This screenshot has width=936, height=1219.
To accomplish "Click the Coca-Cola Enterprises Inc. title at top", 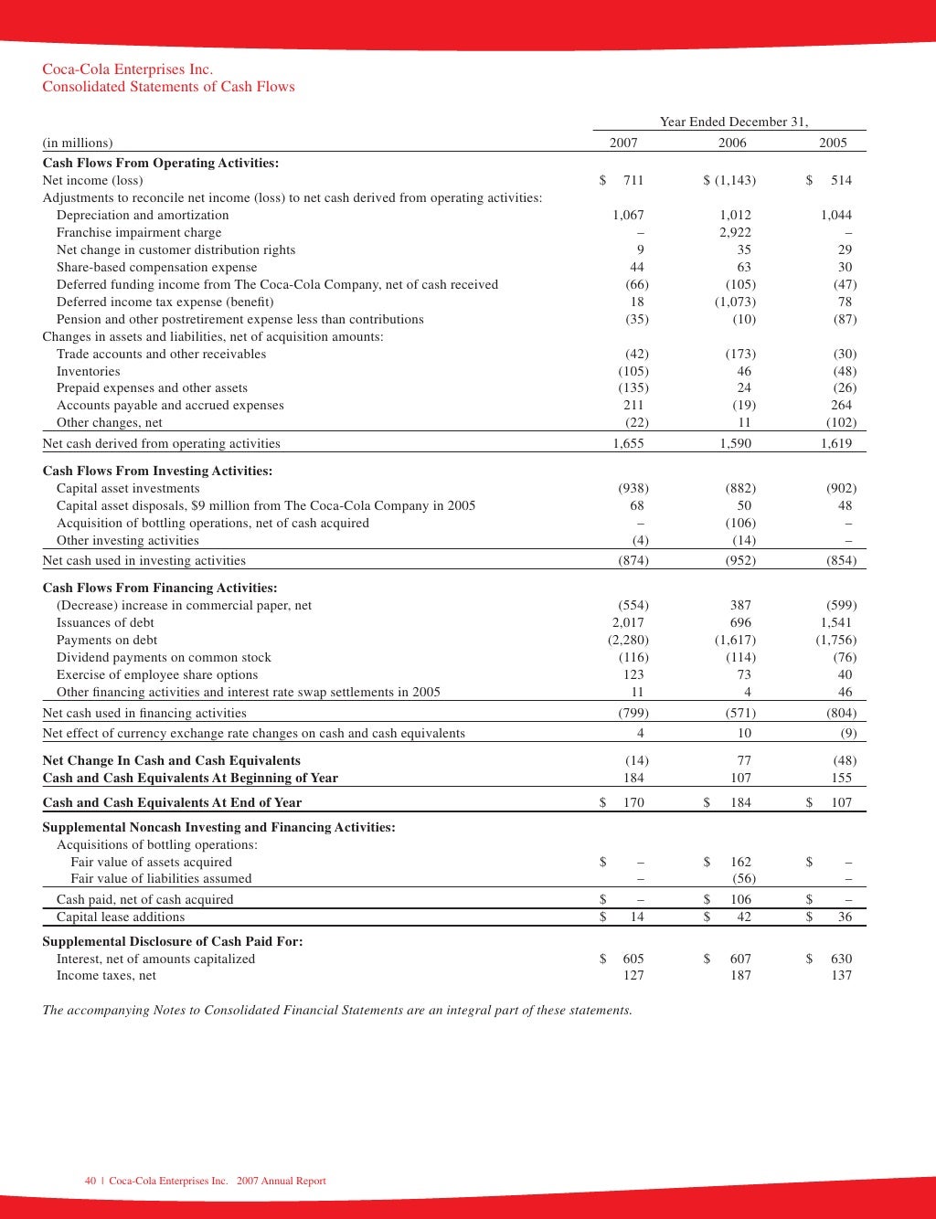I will click(127, 69).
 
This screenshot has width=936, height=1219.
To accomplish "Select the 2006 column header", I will click(732, 143).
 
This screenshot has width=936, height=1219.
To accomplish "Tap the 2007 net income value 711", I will click(633, 181).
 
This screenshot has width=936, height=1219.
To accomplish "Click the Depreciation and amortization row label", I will click(143, 216).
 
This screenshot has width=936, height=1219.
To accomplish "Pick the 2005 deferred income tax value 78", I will click(845, 302).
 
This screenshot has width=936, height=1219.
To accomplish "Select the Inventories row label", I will click(89, 372).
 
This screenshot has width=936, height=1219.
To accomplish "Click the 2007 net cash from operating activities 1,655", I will click(628, 444).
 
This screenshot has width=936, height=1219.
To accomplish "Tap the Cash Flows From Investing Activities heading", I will click(157, 472).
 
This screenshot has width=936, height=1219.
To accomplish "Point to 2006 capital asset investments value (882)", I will click(740, 489).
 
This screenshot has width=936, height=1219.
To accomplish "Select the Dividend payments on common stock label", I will click(164, 658).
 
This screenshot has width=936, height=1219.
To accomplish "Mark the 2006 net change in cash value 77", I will click(743, 761).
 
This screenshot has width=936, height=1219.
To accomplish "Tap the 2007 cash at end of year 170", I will click(633, 803).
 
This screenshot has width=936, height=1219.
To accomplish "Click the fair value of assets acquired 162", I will click(740, 863).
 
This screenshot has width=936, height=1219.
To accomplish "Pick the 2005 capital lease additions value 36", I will click(845, 917).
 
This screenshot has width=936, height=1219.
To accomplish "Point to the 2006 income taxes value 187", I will click(740, 976).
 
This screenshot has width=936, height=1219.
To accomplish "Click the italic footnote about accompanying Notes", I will click(337, 1011).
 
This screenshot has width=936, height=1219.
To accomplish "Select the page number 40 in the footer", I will click(90, 1182).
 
